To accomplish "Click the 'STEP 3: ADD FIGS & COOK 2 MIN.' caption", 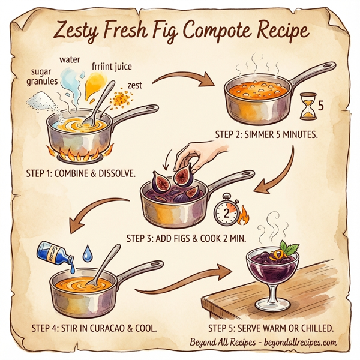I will click(186, 237).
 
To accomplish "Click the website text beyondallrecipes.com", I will click(300, 343).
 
